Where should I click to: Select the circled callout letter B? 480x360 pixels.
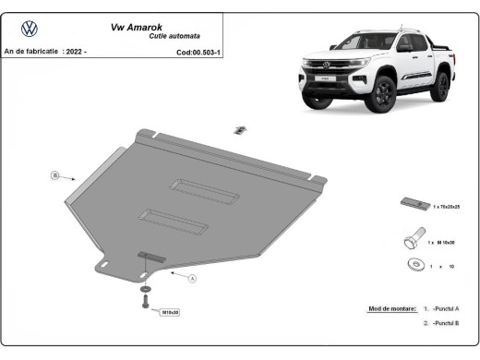(x=54, y=174)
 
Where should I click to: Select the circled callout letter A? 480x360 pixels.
(x=193, y=277)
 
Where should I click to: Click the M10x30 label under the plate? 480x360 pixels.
(x=170, y=313)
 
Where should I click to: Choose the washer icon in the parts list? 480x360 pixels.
(x=412, y=266)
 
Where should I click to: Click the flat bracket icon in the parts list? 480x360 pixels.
(x=412, y=203)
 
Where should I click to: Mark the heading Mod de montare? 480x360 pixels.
(x=388, y=308)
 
